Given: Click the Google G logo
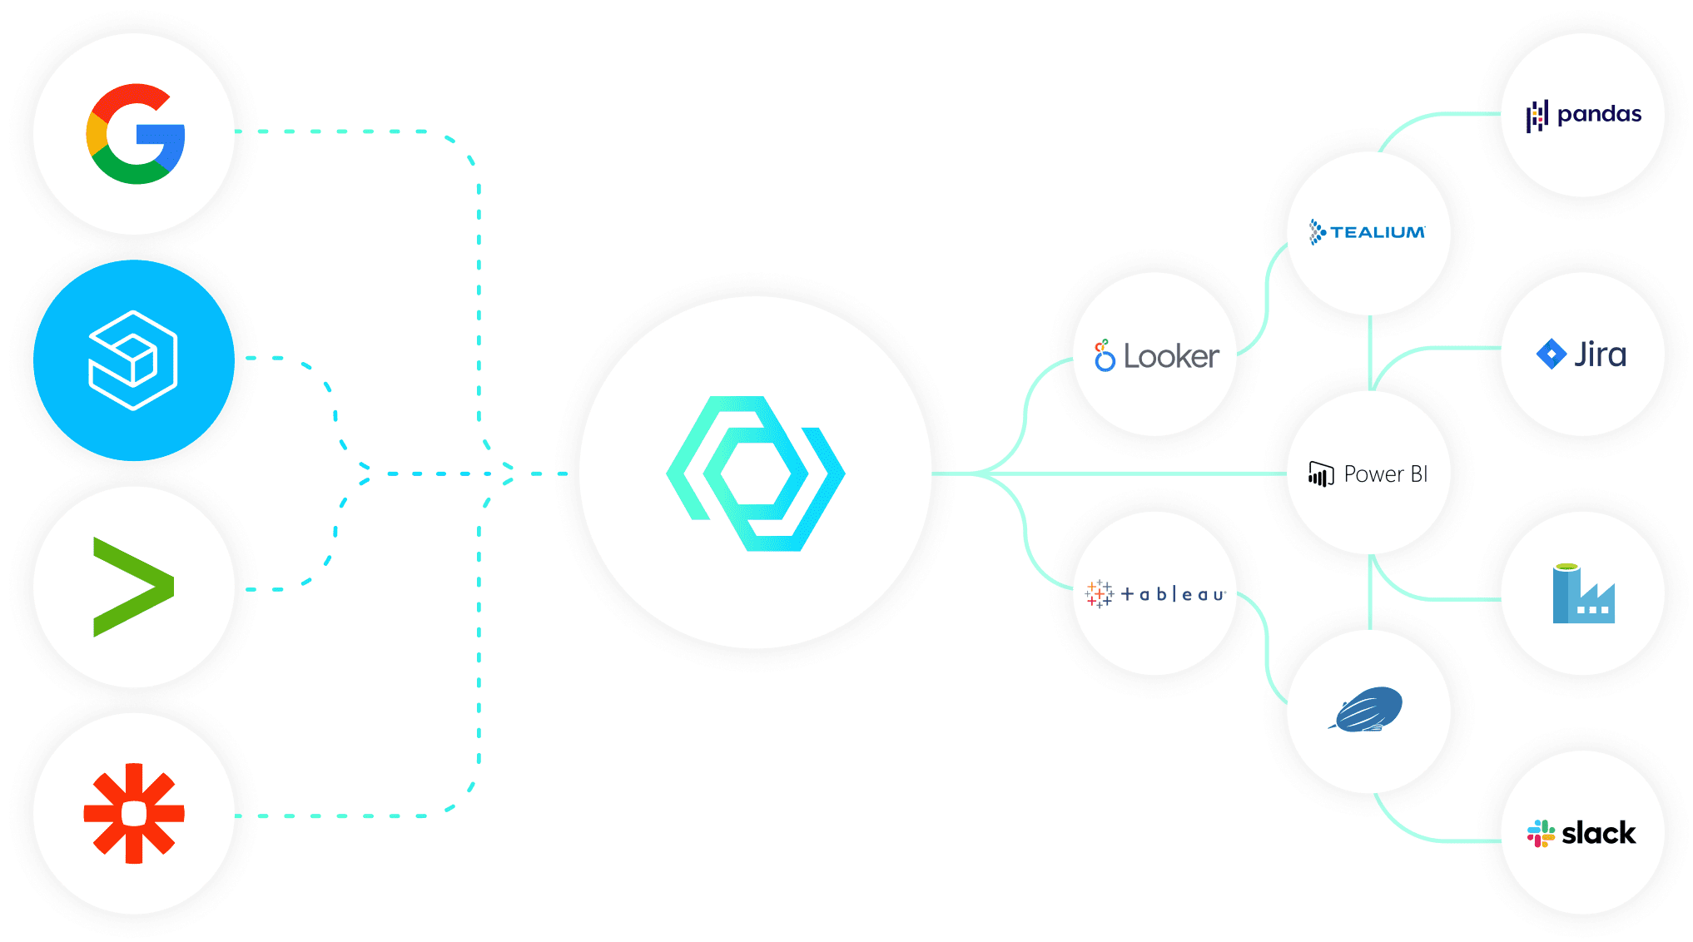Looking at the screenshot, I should click(135, 134).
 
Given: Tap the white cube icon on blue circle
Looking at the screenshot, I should click(133, 359).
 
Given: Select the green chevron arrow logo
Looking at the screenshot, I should click(133, 587).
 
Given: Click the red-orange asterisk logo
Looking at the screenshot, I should click(134, 813).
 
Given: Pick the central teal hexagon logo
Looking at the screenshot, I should click(755, 473).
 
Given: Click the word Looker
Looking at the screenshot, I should click(1171, 357).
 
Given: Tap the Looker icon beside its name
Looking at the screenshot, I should click(1104, 355).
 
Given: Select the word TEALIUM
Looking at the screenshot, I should click(1378, 232).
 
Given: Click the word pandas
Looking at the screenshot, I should click(1599, 114).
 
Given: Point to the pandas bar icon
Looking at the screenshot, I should click(1537, 116).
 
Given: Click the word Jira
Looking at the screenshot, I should click(1600, 354).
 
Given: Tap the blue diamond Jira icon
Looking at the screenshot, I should click(1551, 354).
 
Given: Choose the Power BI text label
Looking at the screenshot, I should click(1386, 474).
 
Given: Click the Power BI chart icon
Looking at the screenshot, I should click(1321, 474).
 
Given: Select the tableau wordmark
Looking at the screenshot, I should click(1173, 594).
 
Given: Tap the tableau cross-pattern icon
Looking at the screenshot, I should click(1099, 593).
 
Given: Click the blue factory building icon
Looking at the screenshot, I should click(1583, 594).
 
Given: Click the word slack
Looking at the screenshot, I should click(1598, 833).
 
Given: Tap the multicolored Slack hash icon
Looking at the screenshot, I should click(1541, 833).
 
